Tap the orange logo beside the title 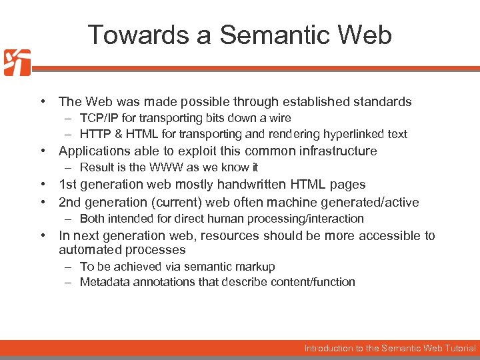pos(17,63)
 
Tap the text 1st pos(67,185)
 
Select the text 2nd pos(69,202)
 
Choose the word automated pos(86,250)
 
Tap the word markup pos(255,267)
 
